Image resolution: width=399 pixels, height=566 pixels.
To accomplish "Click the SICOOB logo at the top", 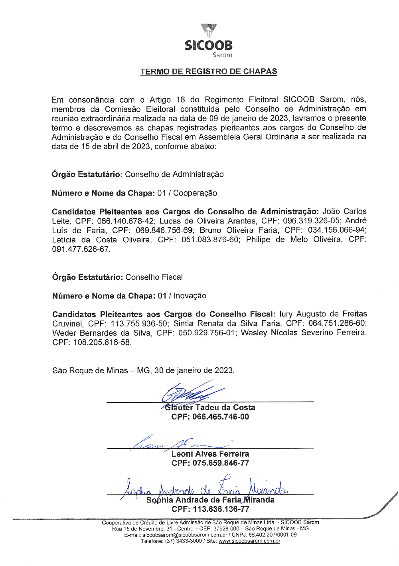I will coord(208,41).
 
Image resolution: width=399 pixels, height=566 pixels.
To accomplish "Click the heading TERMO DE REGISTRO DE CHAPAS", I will coord(209,72).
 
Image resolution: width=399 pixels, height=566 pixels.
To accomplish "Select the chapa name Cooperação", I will coord(195,193).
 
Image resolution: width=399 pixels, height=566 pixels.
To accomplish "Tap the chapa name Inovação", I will coord(190,296).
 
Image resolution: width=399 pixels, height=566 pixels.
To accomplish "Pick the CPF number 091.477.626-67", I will coord(81,249).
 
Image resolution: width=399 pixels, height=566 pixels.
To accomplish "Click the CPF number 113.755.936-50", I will coord(139,323).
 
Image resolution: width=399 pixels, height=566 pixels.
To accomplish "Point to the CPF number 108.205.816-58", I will coord(102,342).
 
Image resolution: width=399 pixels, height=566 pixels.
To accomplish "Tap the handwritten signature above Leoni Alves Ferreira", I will coord(176,442).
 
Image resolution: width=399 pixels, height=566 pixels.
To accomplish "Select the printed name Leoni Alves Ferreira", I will coord(210,454).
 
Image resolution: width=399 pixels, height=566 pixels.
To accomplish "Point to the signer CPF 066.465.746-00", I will coord(221,417).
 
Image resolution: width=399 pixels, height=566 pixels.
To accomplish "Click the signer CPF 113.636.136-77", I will coord(221,509).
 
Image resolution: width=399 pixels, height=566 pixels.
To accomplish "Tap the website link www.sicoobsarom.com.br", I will coord(249,541).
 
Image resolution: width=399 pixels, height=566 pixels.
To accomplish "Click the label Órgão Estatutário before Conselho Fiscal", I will coord(87,277).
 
